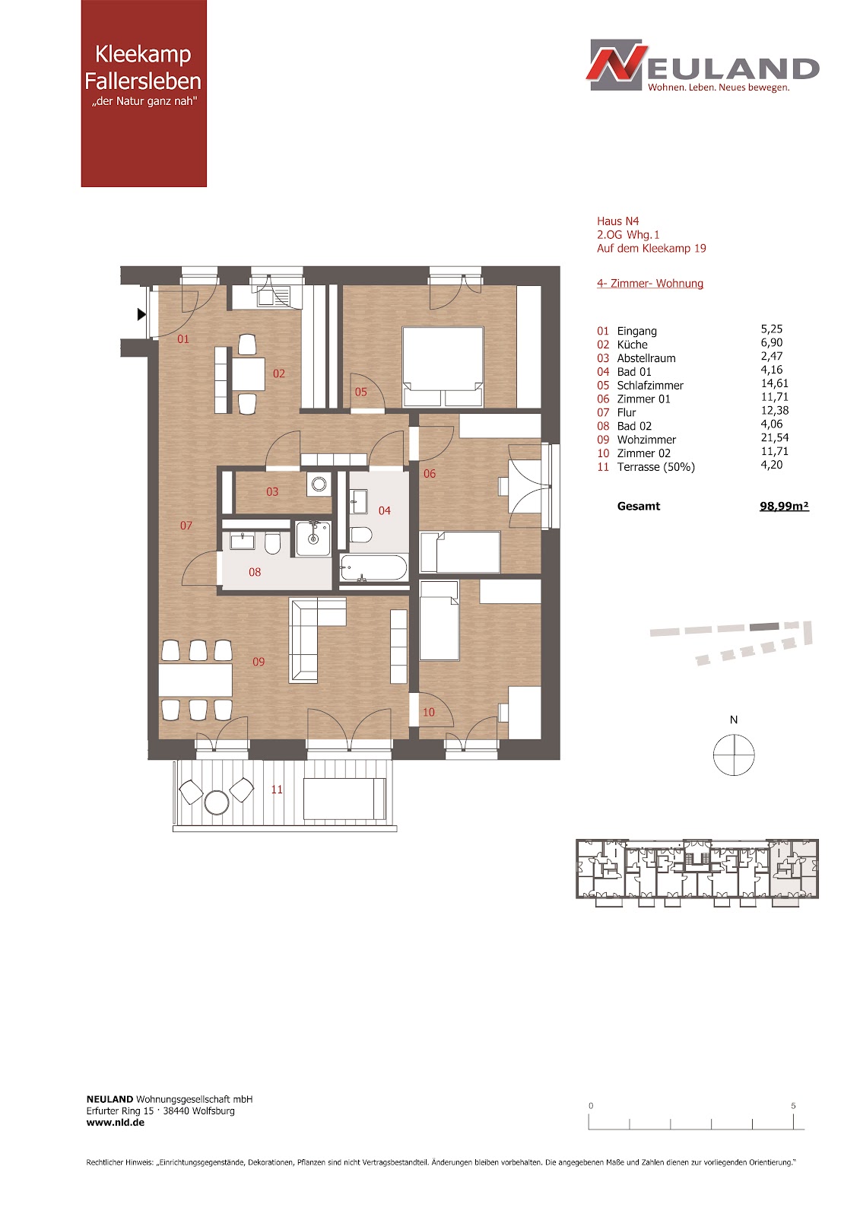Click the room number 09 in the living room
(259, 662)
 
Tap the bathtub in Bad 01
(373, 567)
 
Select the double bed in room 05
(443, 366)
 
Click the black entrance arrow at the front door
(141, 314)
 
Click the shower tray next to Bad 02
(313, 539)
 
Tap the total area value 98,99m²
(784, 506)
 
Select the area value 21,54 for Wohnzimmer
(774, 437)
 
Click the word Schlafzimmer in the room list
(650, 385)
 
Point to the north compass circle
(734, 755)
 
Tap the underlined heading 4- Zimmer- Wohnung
(650, 283)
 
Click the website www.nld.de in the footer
(115, 1123)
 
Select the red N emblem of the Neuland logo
(617, 64)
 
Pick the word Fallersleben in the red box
(143, 81)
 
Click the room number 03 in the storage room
(272, 491)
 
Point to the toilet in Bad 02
(272, 543)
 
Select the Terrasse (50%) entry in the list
(655, 467)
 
